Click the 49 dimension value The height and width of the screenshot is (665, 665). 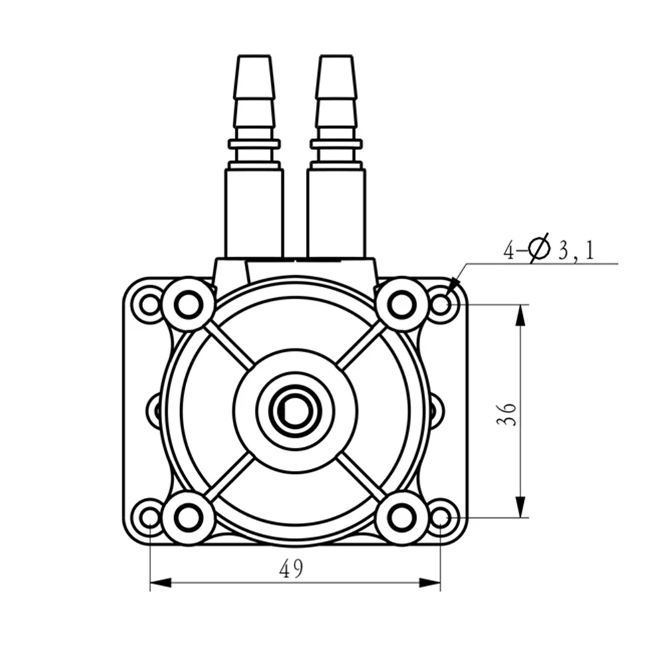point(291,569)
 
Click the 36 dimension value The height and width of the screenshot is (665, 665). point(506,414)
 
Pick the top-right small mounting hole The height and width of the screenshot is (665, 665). point(441,304)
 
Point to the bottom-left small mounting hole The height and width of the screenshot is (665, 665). point(150,517)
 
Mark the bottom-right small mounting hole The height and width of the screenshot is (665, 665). point(441,517)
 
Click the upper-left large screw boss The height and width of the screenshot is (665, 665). point(188,304)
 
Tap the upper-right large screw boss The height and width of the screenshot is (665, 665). point(402,304)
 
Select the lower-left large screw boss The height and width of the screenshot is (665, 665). point(188,517)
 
